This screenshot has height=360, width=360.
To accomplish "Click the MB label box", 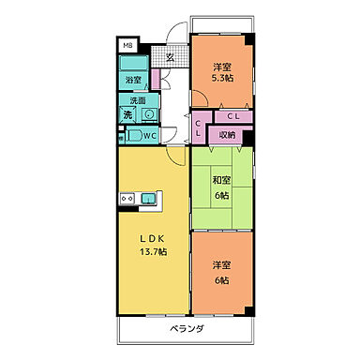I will pos(127,44).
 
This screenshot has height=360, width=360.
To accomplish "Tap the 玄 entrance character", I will pos(171,56).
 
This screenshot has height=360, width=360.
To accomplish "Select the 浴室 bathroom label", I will pos(134,81).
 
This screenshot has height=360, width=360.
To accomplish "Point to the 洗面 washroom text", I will pos(138,100).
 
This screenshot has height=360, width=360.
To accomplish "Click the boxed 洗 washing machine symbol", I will pos(127,114).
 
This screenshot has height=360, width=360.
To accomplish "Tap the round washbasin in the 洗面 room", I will pos(148,114).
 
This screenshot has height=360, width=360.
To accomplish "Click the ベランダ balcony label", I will pos(188,330).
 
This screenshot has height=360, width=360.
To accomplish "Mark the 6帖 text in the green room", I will pos(221,197).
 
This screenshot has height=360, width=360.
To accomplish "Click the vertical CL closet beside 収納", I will pos(200,127).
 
